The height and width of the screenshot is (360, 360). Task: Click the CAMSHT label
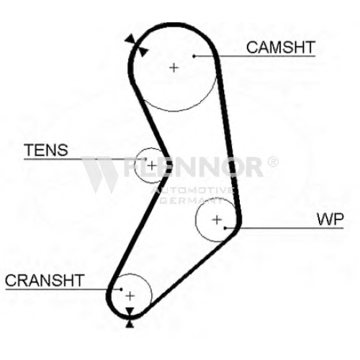click(280, 48)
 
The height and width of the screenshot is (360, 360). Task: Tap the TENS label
click(46, 150)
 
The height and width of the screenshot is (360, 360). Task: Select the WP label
click(330, 219)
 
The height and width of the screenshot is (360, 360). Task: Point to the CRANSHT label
click(45, 280)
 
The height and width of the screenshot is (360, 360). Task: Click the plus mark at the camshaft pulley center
click(174, 68)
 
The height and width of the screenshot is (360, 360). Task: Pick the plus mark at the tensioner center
click(152, 166)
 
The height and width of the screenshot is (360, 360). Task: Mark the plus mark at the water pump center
click(217, 220)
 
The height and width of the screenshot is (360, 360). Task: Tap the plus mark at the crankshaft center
click(130, 296)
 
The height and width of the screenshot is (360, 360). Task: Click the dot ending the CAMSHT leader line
click(194, 56)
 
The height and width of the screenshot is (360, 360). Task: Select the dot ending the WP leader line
click(225, 228)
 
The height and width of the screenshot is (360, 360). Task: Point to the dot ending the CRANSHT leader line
click(121, 289)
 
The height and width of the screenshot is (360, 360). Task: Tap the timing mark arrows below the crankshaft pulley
click(130, 318)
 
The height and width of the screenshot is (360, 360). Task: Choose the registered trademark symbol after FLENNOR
click(273, 162)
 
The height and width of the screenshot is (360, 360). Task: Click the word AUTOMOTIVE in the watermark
click(192, 191)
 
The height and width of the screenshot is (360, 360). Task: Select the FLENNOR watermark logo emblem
click(99, 174)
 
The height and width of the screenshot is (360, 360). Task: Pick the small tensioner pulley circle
click(135, 166)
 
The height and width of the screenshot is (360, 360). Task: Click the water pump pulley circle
click(196, 220)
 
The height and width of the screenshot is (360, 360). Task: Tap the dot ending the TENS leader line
click(145, 159)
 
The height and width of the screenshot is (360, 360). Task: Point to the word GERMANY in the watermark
click(192, 200)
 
